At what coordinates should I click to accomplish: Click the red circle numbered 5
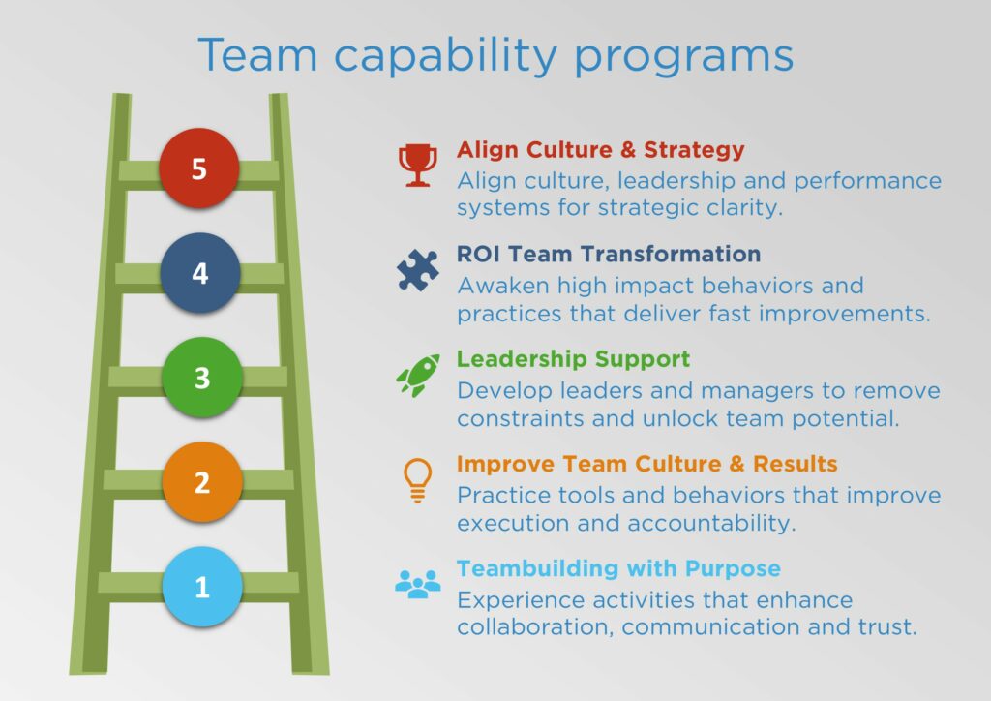tap(198, 169)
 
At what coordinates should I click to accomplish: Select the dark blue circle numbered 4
tap(199, 273)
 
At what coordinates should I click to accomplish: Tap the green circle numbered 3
tap(201, 377)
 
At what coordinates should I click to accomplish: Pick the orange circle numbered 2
tap(201, 481)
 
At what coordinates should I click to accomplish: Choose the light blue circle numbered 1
tap(201, 586)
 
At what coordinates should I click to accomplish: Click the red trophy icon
tap(416, 166)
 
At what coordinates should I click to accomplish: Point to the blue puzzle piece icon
tap(417, 270)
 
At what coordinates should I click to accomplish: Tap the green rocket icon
tap(417, 375)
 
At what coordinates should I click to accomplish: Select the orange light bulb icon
tap(417, 479)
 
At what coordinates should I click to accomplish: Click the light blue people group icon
tap(417, 583)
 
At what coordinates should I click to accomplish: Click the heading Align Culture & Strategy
tap(600, 150)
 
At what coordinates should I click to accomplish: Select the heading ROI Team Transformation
tap(608, 255)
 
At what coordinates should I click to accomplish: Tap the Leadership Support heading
tap(573, 359)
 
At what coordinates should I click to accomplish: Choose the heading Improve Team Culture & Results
tap(646, 464)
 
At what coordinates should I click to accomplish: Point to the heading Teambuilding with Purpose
tap(618, 568)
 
